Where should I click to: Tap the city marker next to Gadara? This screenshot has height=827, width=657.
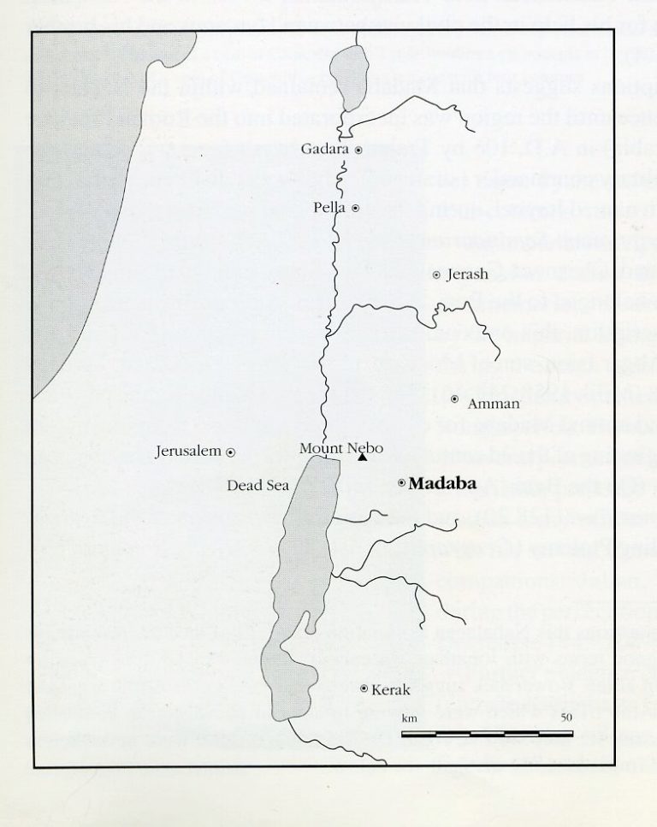(x=358, y=150)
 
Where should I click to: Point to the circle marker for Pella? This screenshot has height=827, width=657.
(x=355, y=208)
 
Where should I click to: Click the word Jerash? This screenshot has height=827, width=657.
(x=466, y=275)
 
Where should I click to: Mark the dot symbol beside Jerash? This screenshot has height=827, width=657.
(x=436, y=275)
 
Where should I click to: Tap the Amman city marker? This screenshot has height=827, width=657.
(x=454, y=399)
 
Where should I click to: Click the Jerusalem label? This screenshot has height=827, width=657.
(x=188, y=451)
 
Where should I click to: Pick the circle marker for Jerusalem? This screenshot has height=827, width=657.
(x=230, y=451)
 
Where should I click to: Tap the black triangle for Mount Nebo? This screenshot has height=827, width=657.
(x=363, y=459)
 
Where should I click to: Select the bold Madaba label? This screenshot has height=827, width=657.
(x=442, y=483)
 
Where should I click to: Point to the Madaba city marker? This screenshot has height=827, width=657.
(x=402, y=483)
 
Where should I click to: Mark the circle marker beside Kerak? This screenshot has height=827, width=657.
(x=365, y=688)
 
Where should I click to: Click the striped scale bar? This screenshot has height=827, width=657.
(x=487, y=733)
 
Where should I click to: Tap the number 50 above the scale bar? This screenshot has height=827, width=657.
(x=565, y=718)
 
